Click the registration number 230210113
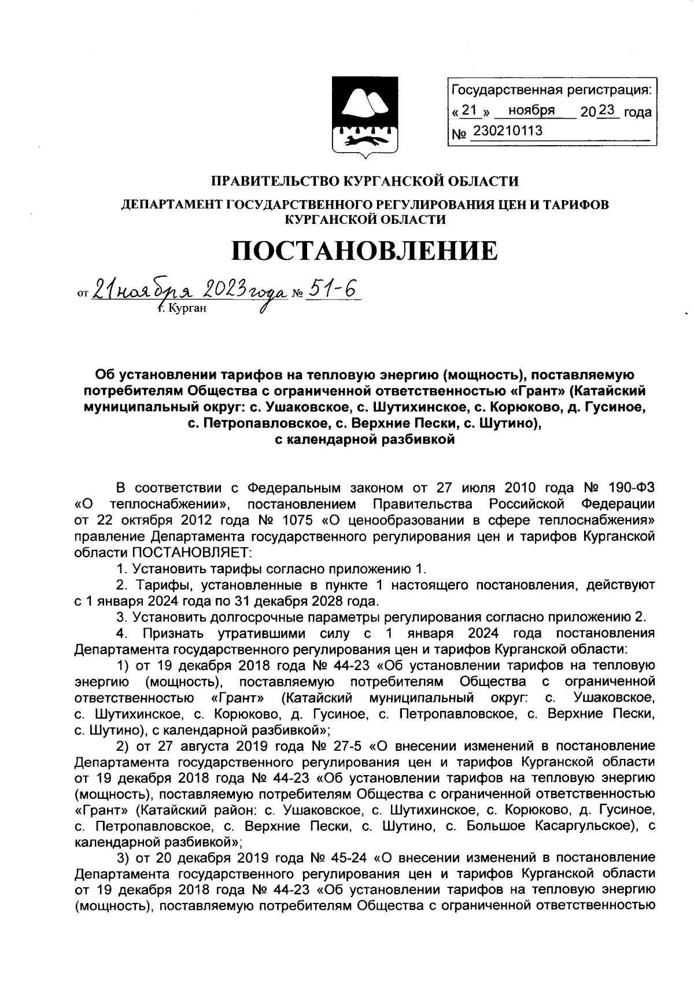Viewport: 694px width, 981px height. (507, 131)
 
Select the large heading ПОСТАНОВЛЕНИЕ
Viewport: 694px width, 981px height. (364, 251)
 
